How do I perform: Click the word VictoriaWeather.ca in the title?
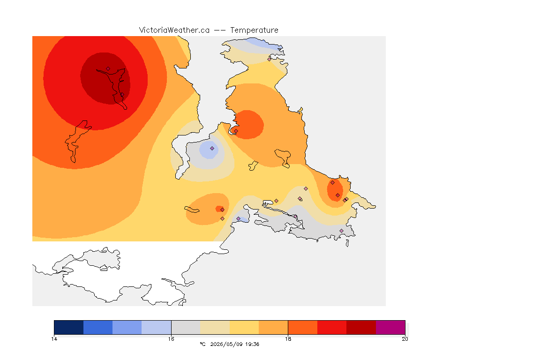point(174,30)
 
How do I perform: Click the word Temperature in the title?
point(254,30)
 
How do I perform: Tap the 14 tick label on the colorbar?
point(54,339)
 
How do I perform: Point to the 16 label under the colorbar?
point(171,339)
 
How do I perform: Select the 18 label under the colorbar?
point(288,339)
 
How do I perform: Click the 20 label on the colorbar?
point(405,339)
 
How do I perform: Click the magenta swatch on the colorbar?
point(390,327)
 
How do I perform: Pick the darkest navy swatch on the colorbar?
point(69,327)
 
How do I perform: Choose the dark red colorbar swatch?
point(361,327)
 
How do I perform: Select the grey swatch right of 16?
point(186,327)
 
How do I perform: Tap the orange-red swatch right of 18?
point(303,327)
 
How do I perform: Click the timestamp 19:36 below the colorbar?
point(252,344)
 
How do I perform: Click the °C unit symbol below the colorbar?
point(202,344)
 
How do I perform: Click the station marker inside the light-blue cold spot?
point(212,149)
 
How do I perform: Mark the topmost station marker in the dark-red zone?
point(108,69)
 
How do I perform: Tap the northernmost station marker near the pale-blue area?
point(270,59)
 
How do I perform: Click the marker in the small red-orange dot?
point(223,210)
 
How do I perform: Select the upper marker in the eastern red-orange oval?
point(333,183)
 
